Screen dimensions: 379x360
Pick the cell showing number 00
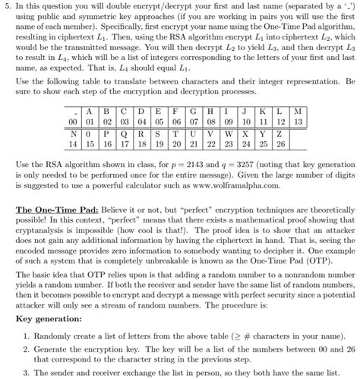coord(74,121)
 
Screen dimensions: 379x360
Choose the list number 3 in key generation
coord(26,372)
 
